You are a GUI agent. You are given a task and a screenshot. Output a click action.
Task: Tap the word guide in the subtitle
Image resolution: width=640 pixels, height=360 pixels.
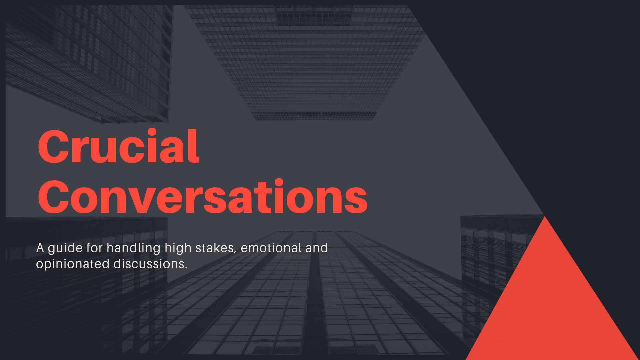(65, 249)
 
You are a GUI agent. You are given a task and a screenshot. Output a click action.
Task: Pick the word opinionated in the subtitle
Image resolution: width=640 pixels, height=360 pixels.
(73, 264)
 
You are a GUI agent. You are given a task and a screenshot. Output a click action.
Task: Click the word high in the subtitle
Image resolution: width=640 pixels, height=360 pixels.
(178, 249)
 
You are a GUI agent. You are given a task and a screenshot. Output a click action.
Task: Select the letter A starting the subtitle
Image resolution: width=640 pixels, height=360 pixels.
(40, 248)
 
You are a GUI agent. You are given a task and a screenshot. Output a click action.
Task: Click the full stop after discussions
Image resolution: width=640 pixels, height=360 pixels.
(186, 268)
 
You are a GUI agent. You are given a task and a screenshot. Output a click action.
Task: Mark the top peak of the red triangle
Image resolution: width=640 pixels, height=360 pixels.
(545, 216)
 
